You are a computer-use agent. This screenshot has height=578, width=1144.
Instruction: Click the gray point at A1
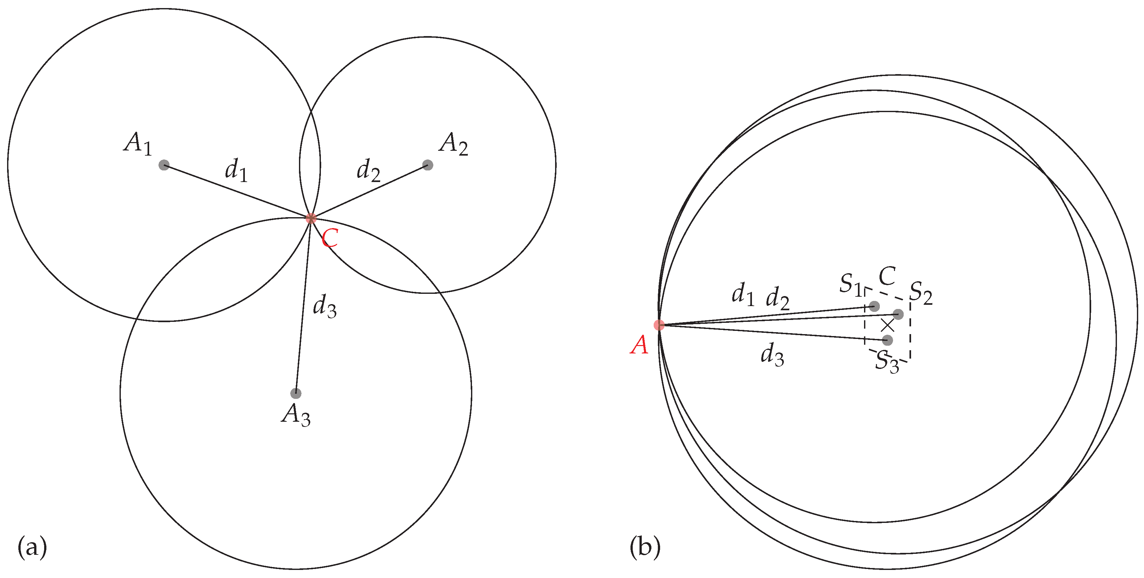click(164, 165)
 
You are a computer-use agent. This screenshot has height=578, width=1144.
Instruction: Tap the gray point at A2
click(428, 165)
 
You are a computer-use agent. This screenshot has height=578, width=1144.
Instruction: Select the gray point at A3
click(296, 393)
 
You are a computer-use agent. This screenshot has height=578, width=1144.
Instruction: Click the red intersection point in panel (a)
click(311, 218)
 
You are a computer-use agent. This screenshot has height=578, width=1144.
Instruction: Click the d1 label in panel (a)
click(236, 170)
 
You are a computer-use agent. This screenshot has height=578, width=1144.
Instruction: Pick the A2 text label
click(453, 144)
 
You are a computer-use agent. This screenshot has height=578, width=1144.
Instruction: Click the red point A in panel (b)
click(659, 325)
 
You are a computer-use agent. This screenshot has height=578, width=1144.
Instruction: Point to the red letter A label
click(639, 345)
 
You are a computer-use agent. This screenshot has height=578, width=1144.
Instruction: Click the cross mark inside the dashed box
click(887, 325)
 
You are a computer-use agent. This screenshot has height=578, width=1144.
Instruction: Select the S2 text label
click(921, 293)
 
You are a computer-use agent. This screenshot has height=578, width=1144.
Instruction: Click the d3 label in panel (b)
click(772, 355)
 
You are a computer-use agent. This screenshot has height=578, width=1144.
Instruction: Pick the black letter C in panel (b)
click(887, 276)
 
